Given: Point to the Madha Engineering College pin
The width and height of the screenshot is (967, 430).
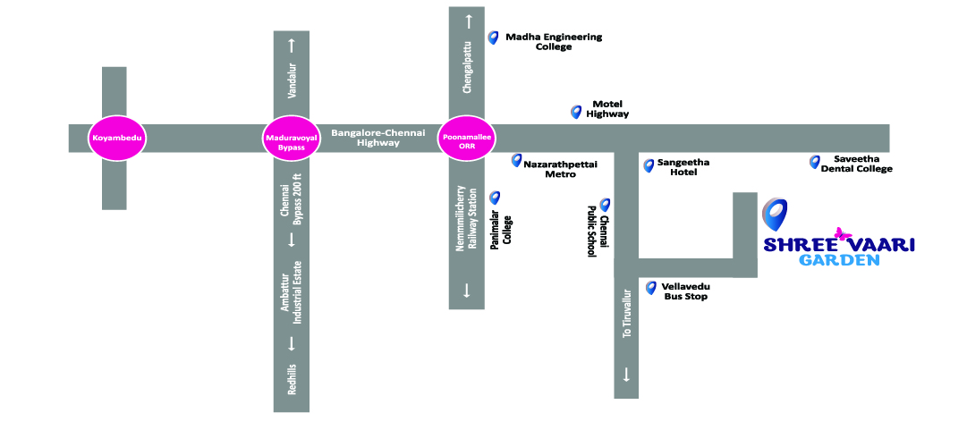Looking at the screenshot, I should coord(492,38).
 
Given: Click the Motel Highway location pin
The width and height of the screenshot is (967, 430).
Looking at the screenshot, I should coord(576,112).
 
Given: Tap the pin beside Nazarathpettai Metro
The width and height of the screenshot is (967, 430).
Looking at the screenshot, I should coord(516,160).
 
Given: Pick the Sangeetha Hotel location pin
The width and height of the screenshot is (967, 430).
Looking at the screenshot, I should coord(649,165).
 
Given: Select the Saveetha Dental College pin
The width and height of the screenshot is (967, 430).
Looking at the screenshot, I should coord(814,162).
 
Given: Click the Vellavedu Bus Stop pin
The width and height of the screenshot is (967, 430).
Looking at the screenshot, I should coord(651,288).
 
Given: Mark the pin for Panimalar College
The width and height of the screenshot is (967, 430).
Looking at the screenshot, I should coord(494,198).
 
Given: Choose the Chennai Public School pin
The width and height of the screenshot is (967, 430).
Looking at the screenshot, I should coord(605,205).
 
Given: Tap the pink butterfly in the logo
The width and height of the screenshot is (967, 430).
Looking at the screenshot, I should coord(841,234).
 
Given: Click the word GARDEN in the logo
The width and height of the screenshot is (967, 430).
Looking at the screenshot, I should coord(839,260).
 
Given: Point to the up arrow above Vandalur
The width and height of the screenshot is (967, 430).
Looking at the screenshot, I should coord(291,44).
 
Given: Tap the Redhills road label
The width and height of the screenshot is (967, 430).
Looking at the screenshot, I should coord(292,379).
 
